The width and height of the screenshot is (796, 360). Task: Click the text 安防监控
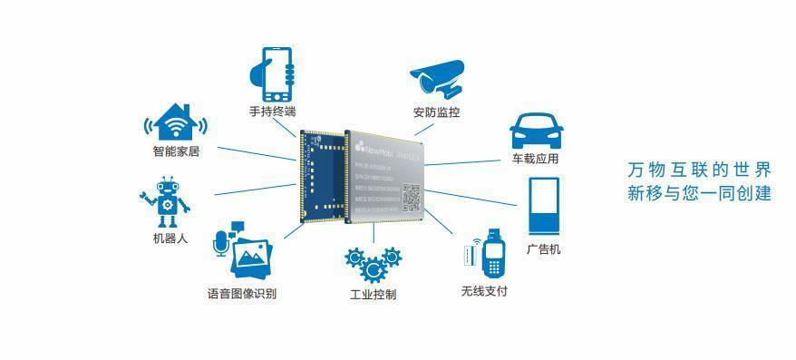point(436,113)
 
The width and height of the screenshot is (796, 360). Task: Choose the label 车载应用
point(535,160)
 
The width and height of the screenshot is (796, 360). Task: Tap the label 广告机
point(543,249)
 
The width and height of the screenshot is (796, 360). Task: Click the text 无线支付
point(484,291)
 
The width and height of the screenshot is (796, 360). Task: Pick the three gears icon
point(372,265)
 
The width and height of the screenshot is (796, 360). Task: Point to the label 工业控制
point(373,295)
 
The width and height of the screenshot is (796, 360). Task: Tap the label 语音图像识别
point(242,294)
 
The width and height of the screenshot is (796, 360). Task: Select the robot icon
point(166,202)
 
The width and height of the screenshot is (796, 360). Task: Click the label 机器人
point(170,239)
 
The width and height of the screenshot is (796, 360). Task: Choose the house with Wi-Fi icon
point(176,124)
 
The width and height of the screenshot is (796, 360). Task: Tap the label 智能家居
point(176,152)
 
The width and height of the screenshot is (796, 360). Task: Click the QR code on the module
point(413,195)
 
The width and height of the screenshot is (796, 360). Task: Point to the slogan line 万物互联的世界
point(700,170)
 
